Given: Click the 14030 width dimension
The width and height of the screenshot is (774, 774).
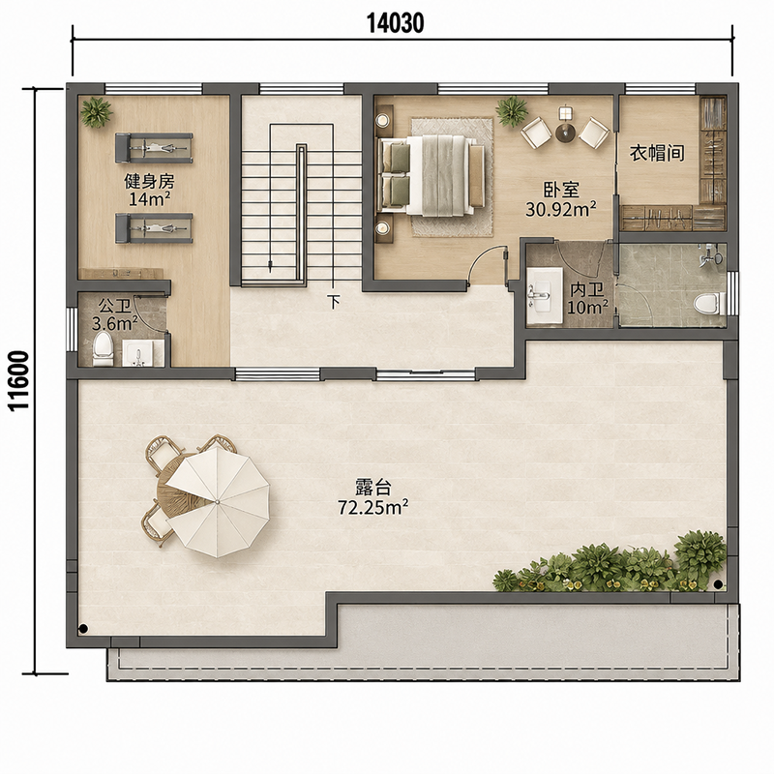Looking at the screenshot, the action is click(396, 22).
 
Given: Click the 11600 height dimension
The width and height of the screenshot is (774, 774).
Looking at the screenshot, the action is click(19, 380).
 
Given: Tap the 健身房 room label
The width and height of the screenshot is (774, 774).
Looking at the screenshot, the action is click(149, 181).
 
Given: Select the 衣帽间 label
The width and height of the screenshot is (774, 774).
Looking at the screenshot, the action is click(657, 153).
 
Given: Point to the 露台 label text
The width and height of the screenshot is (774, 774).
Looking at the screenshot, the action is click(373, 488).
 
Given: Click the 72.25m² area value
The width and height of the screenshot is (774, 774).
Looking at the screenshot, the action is click(373, 507).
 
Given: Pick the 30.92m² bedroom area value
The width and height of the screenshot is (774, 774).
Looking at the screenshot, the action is click(561, 209).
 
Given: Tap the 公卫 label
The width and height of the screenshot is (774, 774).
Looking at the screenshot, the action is click(114, 306).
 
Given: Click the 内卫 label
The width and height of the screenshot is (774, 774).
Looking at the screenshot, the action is click(587, 289).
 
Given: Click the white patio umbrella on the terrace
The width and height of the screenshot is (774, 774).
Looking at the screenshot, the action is click(218, 501).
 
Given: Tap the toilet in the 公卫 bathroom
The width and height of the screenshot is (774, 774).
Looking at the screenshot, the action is click(104, 348).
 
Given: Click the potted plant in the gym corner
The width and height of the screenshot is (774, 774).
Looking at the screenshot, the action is click(97, 112).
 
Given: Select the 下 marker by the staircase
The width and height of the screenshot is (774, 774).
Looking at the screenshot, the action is click(334, 302).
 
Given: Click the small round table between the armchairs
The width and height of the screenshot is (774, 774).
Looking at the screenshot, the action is click(565, 133).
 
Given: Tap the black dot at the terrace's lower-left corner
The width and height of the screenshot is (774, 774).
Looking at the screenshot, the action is click(83, 628).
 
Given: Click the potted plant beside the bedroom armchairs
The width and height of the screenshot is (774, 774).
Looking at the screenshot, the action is click(513, 111).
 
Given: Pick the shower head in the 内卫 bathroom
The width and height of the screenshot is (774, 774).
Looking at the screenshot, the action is click(710, 255).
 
